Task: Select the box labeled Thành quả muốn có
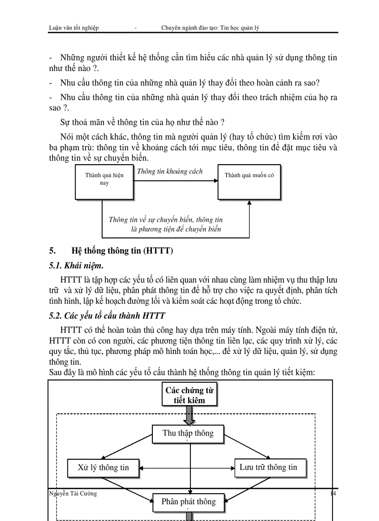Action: [x=249, y=181]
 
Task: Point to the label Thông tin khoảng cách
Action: [x=170, y=172]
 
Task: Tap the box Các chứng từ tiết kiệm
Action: [x=189, y=395]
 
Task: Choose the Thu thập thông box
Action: [x=188, y=433]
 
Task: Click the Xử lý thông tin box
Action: [x=103, y=468]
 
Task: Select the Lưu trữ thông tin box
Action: [x=268, y=468]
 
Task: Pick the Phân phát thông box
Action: [x=188, y=502]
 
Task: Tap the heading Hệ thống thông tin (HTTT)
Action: [x=122, y=251]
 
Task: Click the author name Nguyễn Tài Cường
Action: [x=73, y=494]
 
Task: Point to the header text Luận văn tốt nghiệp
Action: [x=74, y=28]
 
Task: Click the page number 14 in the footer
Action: [x=333, y=494]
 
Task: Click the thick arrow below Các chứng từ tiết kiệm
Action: [x=189, y=415]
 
